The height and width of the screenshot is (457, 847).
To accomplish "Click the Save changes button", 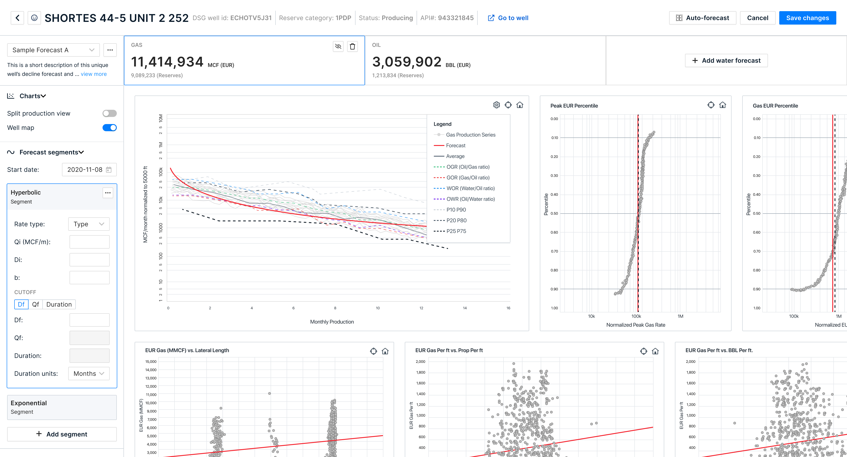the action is pos(807,18).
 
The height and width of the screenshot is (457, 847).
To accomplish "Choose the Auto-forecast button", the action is pos(702,18).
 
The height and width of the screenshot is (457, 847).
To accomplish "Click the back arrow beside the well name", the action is pos(17,18).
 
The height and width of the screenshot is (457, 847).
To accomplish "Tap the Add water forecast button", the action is pos(726,60).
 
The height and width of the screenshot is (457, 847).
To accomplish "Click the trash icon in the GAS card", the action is pos(352,46).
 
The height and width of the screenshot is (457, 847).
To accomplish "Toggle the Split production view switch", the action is pos(109,113).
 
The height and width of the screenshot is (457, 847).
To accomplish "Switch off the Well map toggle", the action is pos(109,128).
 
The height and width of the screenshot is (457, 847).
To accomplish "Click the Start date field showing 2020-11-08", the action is pos(89,170).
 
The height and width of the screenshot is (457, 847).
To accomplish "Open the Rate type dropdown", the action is pos(89,224).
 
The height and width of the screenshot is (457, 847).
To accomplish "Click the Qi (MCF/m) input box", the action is pos(89,242).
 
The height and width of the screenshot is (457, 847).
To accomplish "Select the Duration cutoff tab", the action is pos(59,304).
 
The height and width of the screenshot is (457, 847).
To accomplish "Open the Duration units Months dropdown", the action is pos(89,373).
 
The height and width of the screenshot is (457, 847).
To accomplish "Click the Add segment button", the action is pos(62,434).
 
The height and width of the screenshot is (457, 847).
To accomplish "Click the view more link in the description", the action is pos(94,74).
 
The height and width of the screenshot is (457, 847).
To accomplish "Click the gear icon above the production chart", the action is pos(496,105).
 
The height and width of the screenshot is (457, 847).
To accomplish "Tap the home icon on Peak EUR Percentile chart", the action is pos(722,105).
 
